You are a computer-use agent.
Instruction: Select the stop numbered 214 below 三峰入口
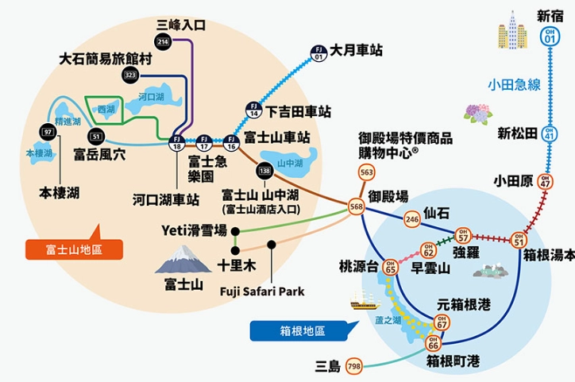click(x=163, y=41)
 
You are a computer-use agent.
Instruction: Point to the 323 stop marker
click(x=131, y=75)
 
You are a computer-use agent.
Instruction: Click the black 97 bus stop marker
click(x=48, y=131)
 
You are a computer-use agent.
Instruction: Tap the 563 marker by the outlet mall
click(x=366, y=173)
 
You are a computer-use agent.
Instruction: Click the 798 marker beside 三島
click(x=353, y=366)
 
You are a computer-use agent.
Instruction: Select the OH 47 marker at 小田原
click(x=544, y=182)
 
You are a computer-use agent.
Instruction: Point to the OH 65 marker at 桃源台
click(x=389, y=268)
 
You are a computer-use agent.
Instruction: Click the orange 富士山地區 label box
click(x=75, y=250)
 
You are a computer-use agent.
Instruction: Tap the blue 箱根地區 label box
click(x=295, y=329)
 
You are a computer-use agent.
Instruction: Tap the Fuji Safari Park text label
click(x=262, y=291)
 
